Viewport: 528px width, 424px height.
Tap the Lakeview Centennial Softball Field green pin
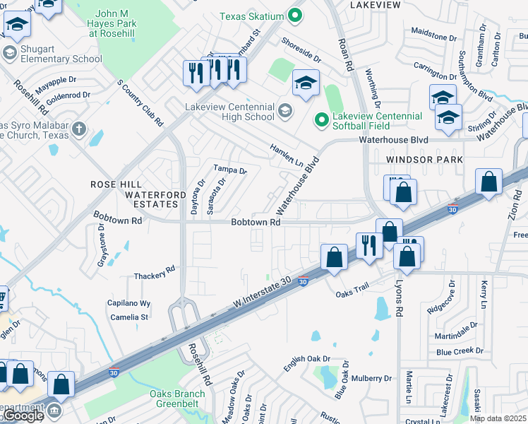pyautogui.click(x=322, y=121)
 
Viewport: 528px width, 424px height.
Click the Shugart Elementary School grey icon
pyautogui.click(x=10, y=53)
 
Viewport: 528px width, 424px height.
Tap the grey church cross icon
pyautogui.click(x=79, y=129)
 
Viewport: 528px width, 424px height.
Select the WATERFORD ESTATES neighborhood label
pyautogui.click(x=151, y=199)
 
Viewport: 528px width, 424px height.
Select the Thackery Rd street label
pyautogui.click(x=154, y=273)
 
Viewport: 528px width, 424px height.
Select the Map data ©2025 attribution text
pyautogui.click(x=498, y=418)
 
